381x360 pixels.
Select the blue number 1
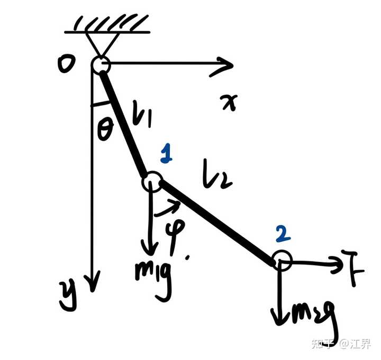pos(166,155)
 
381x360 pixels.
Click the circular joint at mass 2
pos(282,261)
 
